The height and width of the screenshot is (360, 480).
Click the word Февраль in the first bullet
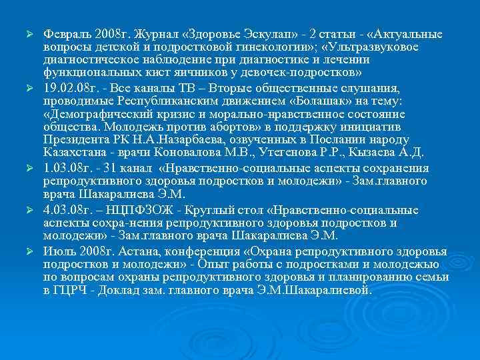tap(67, 34)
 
